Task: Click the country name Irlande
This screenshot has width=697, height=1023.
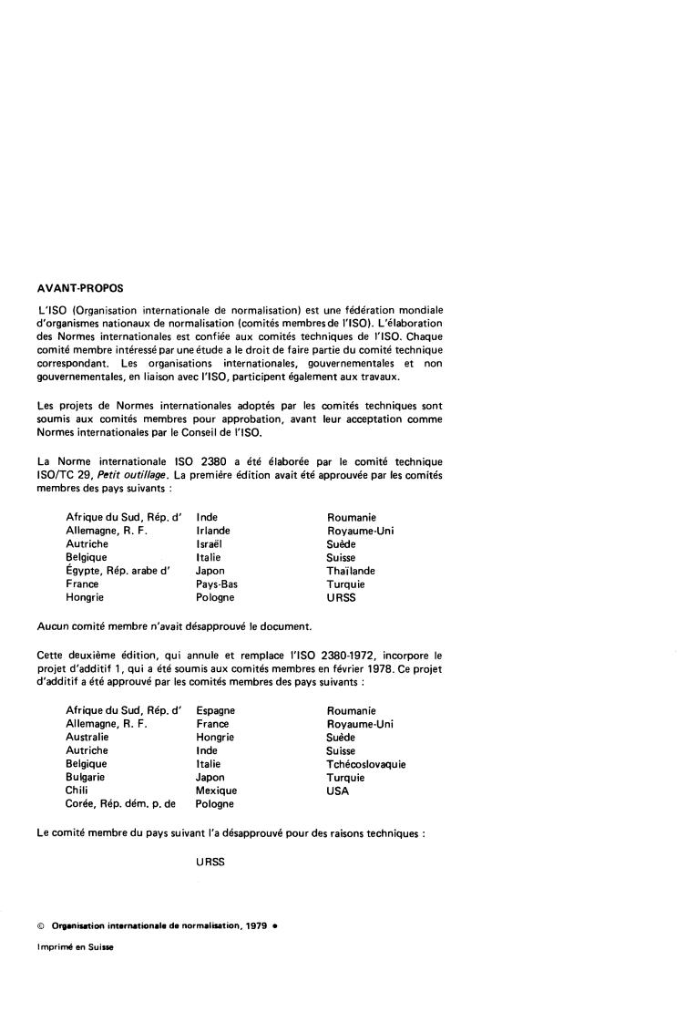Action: [213, 531]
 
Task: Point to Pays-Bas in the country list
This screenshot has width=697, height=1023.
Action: [217, 584]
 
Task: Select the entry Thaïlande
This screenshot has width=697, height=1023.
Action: [351, 571]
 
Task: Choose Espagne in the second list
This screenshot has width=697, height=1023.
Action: [217, 710]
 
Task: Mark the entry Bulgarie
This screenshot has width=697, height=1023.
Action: [87, 778]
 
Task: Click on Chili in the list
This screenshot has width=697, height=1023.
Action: [77, 790]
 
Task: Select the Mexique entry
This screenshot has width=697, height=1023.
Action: [216, 790]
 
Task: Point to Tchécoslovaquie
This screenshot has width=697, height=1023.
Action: [366, 764]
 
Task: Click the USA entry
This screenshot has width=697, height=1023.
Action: [338, 790]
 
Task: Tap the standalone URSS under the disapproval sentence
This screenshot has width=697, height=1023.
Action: [210, 862]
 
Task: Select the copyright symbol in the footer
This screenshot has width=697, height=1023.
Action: [41, 925]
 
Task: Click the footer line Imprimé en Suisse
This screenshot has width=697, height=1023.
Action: [76, 946]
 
